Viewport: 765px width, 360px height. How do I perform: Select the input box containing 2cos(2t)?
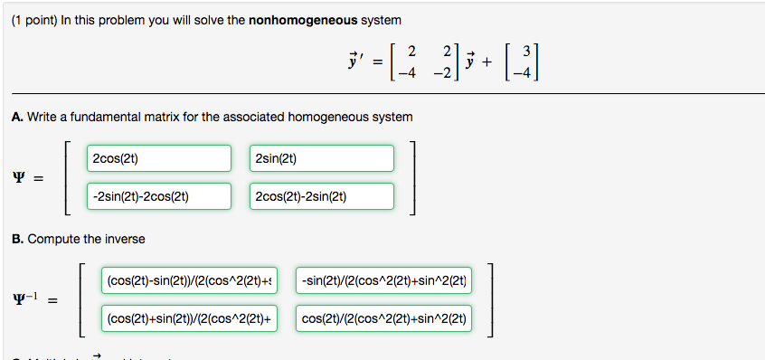pos(160,158)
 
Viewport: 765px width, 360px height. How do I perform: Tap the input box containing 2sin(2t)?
pos(322,158)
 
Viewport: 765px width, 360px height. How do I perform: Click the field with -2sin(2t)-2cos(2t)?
pos(160,196)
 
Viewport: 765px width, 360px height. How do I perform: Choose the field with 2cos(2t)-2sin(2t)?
pos(322,196)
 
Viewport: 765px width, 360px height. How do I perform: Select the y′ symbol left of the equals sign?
pos(354,62)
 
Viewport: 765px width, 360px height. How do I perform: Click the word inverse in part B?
pos(124,239)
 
